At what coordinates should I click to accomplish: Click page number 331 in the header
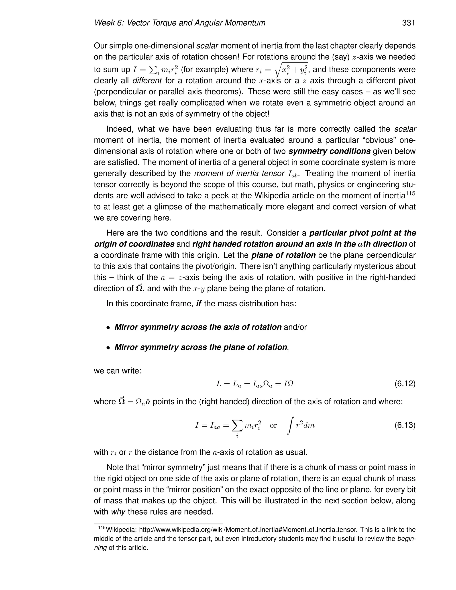click(408, 23)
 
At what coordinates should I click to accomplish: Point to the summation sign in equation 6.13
click(237, 425)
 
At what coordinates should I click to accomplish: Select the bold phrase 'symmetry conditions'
click(329, 151)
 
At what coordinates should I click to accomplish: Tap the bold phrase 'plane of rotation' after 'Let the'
click(283, 255)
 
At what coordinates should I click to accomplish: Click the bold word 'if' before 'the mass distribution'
click(199, 304)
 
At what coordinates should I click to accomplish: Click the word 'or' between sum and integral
click(273, 425)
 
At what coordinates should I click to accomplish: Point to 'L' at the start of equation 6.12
click(219, 384)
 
